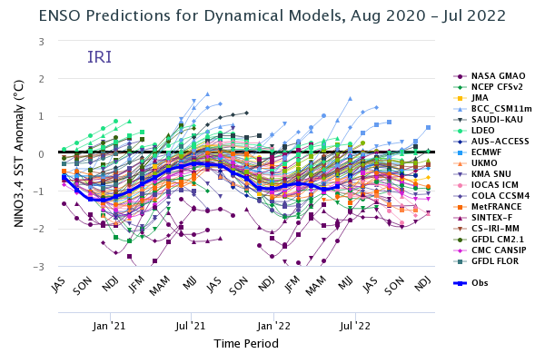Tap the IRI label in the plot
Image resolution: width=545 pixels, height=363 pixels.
pyautogui.click(x=100, y=58)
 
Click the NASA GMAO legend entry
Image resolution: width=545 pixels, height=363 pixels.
pyautogui.click(x=495, y=76)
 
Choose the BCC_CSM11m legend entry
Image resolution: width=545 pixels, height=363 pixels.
pyautogui.click(x=500, y=108)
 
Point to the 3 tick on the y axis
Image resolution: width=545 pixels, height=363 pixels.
pyautogui.click(x=42, y=42)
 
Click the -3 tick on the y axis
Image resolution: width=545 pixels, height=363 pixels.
pyautogui.click(x=40, y=267)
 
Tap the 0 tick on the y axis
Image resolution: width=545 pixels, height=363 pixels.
pyautogui.click(x=42, y=154)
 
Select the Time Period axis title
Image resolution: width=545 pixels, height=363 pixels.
pyautogui.click(x=240, y=344)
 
